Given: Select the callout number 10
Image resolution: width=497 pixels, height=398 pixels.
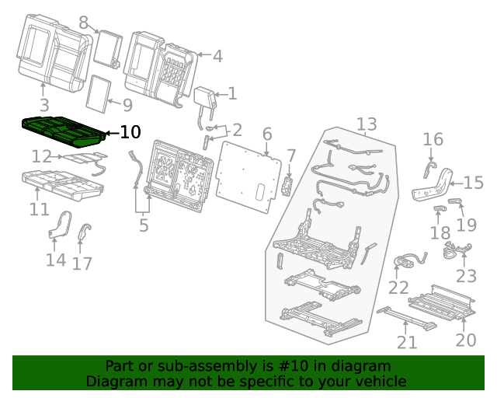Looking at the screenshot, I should click(x=130, y=132).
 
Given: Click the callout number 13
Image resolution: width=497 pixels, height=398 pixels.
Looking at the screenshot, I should click(x=367, y=124).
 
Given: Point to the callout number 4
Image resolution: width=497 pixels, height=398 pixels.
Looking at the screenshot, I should click(x=217, y=56).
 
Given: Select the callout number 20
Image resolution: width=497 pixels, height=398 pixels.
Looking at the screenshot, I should click(x=466, y=340).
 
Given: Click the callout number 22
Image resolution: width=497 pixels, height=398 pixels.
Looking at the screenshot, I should click(x=398, y=288).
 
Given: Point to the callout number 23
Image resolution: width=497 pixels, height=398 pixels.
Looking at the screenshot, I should click(x=466, y=276).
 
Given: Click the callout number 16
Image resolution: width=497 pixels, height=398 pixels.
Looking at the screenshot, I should click(x=433, y=139).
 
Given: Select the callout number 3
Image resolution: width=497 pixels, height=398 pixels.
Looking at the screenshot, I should click(x=43, y=105).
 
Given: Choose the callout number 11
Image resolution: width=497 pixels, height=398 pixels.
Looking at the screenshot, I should click(x=39, y=209).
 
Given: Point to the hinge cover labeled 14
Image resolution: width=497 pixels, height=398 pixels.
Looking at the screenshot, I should click(x=59, y=223).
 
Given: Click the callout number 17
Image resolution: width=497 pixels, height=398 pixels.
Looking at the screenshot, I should click(x=82, y=264).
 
